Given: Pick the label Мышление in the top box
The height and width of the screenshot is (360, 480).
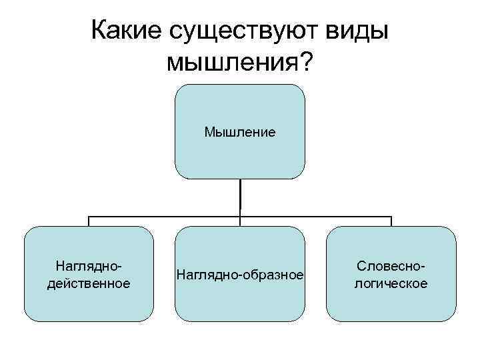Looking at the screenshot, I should pos(240,132).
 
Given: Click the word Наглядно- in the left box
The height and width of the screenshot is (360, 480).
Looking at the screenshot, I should pos(88,266).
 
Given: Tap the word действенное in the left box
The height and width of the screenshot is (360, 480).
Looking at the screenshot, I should pos(88,283).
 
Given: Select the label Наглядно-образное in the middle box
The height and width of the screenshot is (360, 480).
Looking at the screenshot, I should pos(240,275).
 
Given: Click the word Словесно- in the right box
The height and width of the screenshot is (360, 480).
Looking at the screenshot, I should pos(391,266).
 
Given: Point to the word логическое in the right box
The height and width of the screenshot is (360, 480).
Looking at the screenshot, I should pos(391,283).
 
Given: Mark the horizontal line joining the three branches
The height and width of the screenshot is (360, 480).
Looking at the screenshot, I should pos(167,217).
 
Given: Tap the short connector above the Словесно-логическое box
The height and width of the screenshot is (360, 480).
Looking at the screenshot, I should pos(391,221).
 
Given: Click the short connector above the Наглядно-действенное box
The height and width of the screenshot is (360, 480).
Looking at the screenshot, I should pos(89,221).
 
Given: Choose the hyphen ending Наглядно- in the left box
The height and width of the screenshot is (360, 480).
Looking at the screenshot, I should pos(120,267).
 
